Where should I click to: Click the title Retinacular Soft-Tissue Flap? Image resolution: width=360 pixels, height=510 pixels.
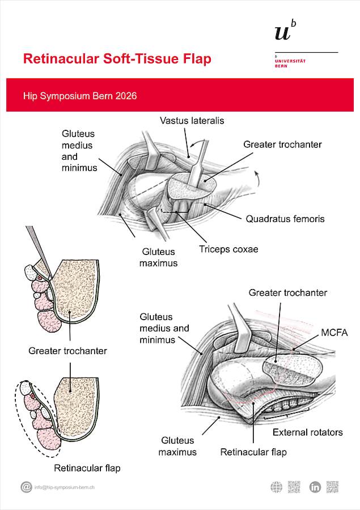(x=117, y=59)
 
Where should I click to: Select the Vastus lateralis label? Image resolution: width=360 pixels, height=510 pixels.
(x=192, y=121)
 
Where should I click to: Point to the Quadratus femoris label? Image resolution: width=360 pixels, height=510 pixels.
(x=285, y=218)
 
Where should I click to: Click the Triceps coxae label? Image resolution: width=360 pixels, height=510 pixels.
(x=228, y=249)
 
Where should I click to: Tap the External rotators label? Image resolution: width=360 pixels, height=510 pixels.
(x=307, y=432)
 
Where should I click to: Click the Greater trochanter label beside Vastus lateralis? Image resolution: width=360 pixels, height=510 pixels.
(x=282, y=144)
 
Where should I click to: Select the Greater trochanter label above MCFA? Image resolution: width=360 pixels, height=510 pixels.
(x=288, y=292)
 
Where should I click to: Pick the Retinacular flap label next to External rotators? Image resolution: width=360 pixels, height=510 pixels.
(x=253, y=452)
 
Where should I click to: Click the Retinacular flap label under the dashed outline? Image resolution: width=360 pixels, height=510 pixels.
(x=87, y=468)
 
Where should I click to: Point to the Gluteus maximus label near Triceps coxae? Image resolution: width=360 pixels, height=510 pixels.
(x=159, y=257)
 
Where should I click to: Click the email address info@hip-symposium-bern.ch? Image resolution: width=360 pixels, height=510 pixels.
(x=64, y=487)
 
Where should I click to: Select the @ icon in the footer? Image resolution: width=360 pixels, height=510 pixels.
(x=26, y=487)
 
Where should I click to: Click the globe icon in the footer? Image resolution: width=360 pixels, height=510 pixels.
(x=276, y=487)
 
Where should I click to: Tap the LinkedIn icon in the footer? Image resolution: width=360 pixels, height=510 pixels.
(x=315, y=487)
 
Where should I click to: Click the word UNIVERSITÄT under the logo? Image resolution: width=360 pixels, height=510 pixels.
(x=290, y=61)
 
